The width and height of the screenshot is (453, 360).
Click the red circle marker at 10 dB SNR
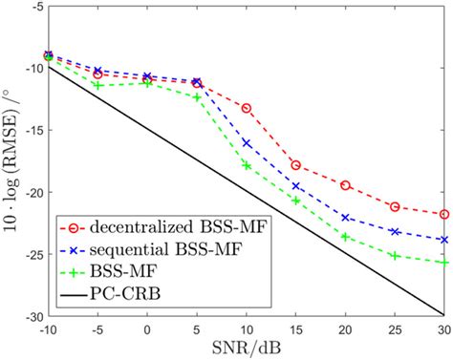[x=247, y=108]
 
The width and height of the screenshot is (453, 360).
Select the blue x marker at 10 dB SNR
[x=247, y=143]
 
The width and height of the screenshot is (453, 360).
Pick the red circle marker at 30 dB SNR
[x=443, y=214]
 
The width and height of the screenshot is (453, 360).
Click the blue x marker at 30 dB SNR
[x=443, y=240]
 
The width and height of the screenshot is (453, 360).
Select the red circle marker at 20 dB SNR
[x=345, y=184]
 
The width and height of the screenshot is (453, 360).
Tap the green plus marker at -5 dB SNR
[x=97, y=85]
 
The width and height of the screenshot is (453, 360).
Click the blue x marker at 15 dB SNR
[x=296, y=186]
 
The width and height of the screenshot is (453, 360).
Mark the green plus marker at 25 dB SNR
[x=395, y=255]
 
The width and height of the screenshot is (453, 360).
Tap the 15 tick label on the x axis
[x=296, y=328]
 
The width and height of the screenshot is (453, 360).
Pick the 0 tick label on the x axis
[x=147, y=328]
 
